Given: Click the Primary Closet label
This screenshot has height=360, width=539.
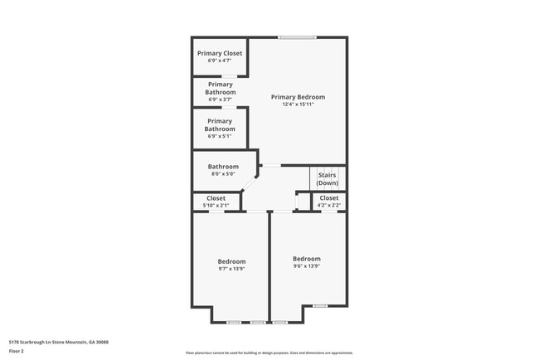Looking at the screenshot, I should click(220, 53).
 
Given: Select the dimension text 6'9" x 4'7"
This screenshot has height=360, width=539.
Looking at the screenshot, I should click(220, 61).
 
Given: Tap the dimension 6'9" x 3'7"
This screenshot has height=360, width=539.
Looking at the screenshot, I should click(220, 99).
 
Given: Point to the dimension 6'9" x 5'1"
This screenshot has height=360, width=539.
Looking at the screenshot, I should click(220, 136).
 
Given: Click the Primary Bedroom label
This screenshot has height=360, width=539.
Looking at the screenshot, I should click(298, 97).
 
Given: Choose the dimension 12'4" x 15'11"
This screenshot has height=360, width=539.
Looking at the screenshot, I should click(298, 105).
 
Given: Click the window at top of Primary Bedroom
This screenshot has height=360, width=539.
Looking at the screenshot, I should click(297, 37).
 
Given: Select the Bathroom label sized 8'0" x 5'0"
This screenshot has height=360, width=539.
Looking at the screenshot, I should click(223, 166).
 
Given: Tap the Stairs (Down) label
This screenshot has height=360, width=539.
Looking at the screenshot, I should click(327, 178).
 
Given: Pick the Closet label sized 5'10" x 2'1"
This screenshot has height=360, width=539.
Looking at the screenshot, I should click(216, 198).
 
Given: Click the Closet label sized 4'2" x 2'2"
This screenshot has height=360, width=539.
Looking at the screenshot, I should click(329, 198).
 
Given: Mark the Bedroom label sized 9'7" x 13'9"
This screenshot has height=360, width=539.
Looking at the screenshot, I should click(231, 261).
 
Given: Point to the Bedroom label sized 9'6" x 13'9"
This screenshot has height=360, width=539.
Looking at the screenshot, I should click(306, 258).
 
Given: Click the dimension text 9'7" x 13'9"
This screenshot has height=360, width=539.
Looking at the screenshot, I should click(231, 269).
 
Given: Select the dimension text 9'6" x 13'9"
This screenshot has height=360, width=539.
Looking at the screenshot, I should click(306, 266).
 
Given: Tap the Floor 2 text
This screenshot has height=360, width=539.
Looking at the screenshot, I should click(17, 351).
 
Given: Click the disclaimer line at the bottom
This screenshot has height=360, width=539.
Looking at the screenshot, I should click(269, 353).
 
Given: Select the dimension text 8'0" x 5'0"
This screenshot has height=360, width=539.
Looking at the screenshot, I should click(223, 174).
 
